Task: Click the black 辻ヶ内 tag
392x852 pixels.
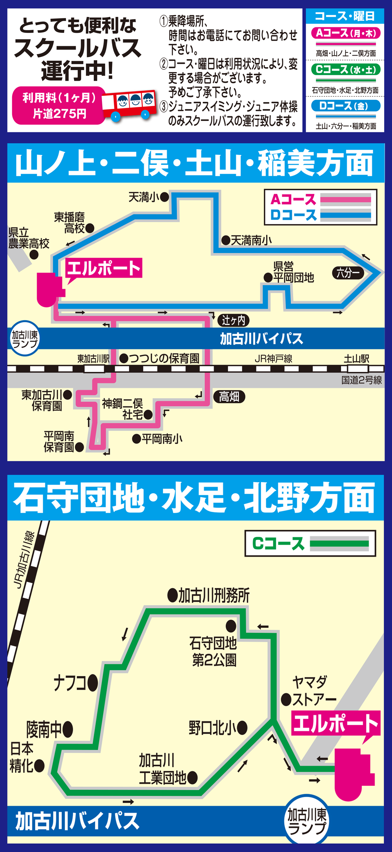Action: pyautogui.click(x=233, y=320)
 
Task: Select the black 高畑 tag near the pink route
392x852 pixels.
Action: pyautogui.click(x=229, y=397)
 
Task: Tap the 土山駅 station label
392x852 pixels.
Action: pyautogui.click(x=356, y=359)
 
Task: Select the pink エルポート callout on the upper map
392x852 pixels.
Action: pyautogui.click(x=103, y=268)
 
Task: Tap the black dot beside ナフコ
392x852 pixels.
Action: pyautogui.click(x=93, y=683)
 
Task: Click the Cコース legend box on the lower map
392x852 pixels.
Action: pyautogui.click(x=310, y=543)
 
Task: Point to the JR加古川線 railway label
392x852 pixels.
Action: pyautogui.click(x=24, y=560)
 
